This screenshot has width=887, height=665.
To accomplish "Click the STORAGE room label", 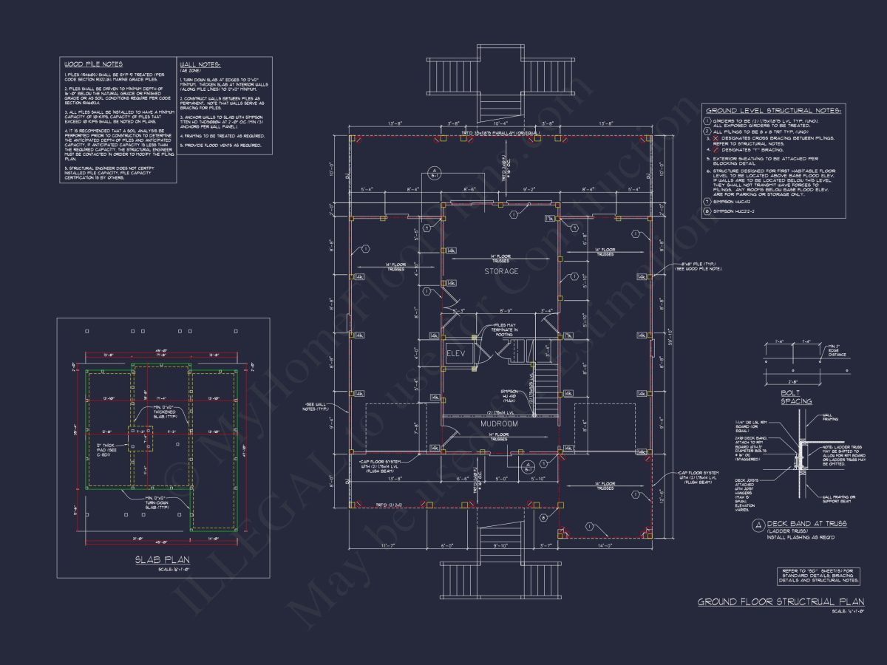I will [x=501, y=271].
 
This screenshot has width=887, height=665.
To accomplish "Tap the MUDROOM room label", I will [x=499, y=424].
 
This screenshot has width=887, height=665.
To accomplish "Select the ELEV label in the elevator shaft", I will [x=455, y=354].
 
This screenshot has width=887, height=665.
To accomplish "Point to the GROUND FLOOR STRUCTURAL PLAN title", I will [x=771, y=602].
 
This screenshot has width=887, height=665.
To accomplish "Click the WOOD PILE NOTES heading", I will [x=93, y=64].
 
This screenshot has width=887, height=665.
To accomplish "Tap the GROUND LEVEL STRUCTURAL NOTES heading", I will [x=772, y=110].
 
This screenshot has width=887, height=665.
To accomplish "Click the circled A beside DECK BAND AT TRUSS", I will [x=759, y=525].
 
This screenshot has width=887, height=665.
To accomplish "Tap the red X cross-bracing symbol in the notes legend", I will [x=707, y=138].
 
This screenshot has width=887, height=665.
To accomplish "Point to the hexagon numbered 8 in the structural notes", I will [x=707, y=211].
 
